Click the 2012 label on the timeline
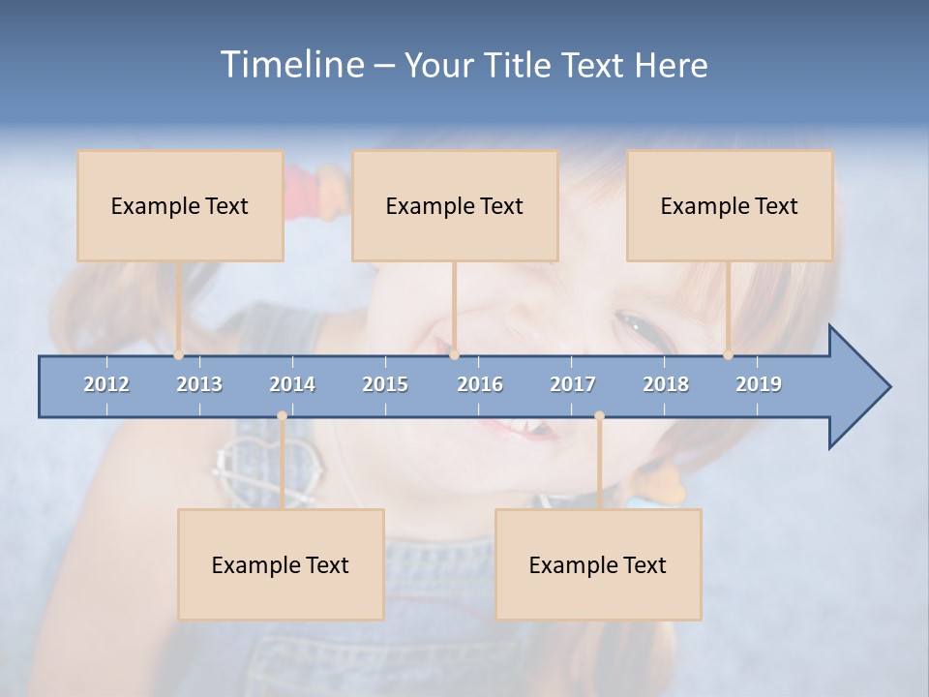(106, 384)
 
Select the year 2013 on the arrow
(199, 384)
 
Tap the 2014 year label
(292, 384)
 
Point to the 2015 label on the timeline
(385, 384)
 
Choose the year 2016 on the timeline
(480, 384)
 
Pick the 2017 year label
(573, 384)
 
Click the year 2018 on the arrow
(666, 384)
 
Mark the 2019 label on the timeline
(759, 384)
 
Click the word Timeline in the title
(290, 65)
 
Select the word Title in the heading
(520, 66)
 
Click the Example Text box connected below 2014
(281, 564)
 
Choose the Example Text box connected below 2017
(598, 564)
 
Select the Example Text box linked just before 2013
(180, 205)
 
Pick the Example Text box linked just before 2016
(455, 205)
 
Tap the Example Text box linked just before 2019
(730, 205)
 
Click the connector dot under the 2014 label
(282, 416)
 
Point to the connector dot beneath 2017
(599, 416)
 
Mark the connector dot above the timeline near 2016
(455, 355)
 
